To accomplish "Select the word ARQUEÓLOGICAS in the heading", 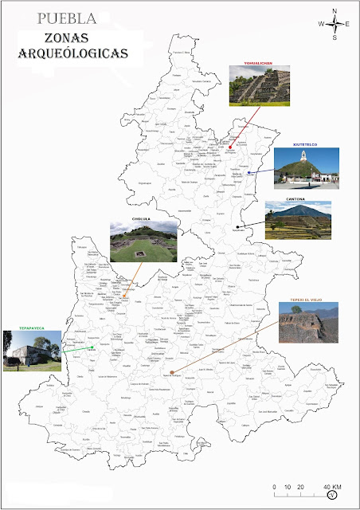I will [x=74, y=53].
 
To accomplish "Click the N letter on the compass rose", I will [x=335, y=10].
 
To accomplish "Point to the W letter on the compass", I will [x=322, y=24].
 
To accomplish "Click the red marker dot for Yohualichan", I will [x=229, y=146].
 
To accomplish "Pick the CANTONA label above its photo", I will [x=296, y=200].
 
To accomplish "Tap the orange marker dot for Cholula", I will [x=123, y=296].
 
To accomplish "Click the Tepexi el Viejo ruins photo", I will [x=305, y=324].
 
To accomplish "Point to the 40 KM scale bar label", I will [x=331, y=487].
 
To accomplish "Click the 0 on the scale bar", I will [x=274, y=487].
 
